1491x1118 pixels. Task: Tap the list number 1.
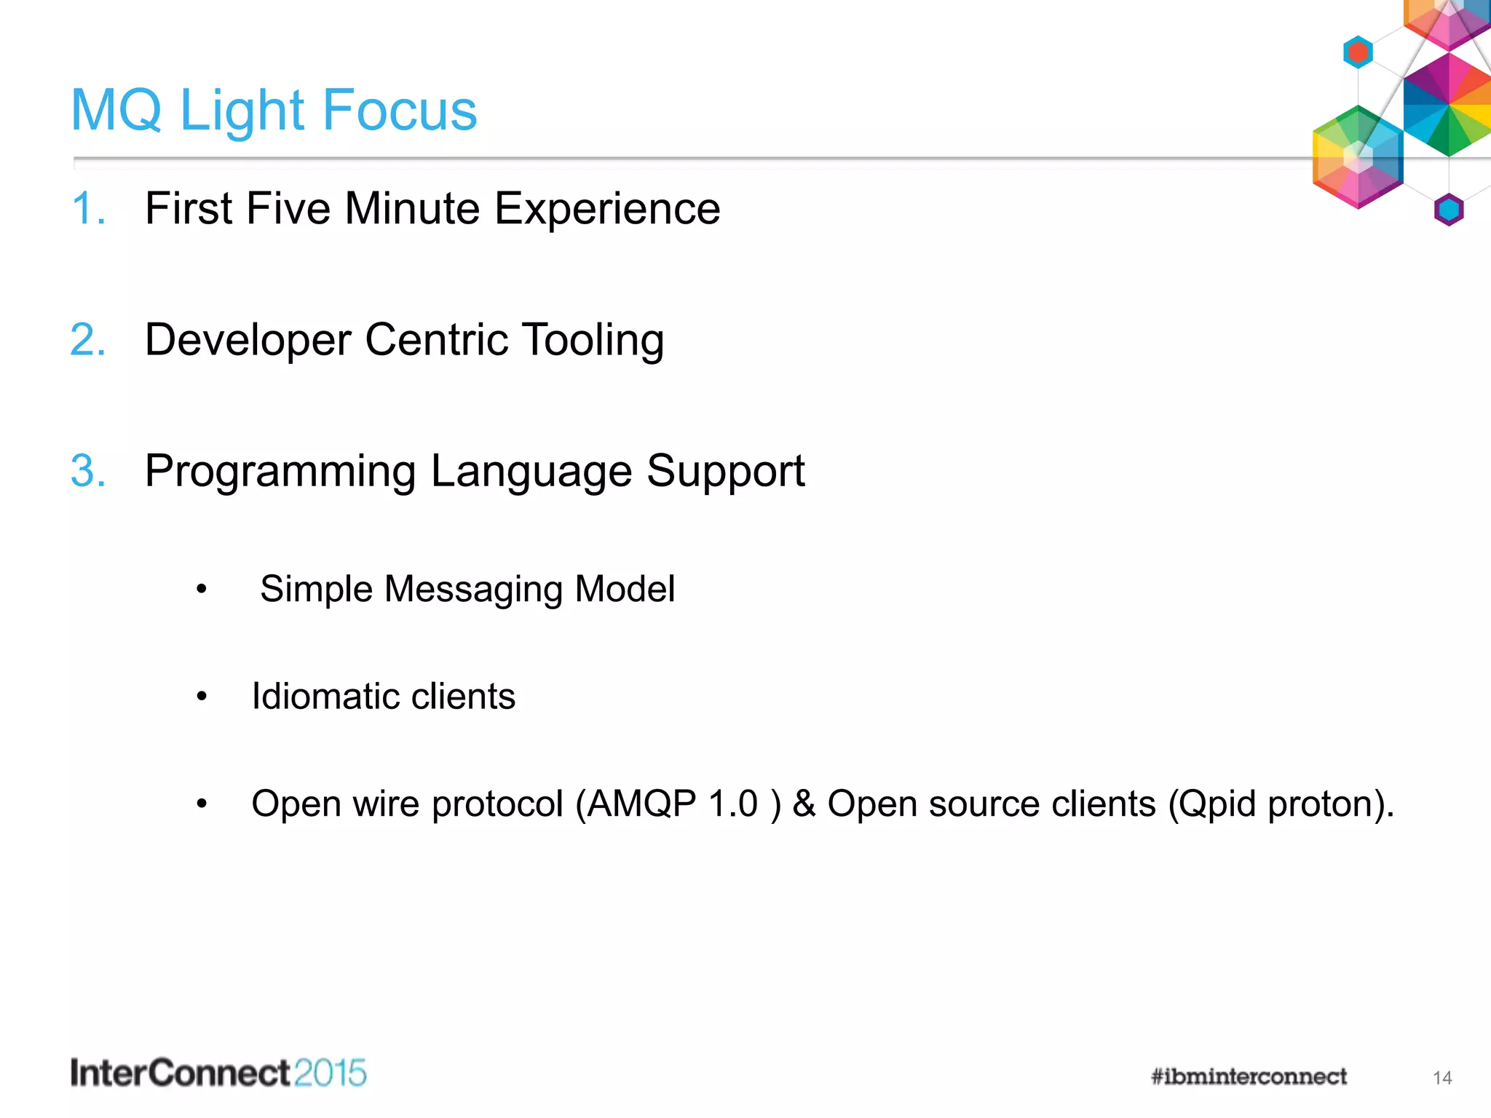[86, 209]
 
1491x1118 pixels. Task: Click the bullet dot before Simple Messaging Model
[202, 589]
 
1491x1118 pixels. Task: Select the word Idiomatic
[323, 697]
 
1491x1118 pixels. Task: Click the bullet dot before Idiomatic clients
[202, 697]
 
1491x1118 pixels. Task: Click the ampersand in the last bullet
[804, 804]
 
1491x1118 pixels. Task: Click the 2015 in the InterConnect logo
[331, 1074]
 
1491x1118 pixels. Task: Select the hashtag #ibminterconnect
[1248, 1077]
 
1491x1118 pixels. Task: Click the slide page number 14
[1442, 1078]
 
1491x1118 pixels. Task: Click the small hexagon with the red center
[1358, 52]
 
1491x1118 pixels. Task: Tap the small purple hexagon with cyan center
[1449, 210]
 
